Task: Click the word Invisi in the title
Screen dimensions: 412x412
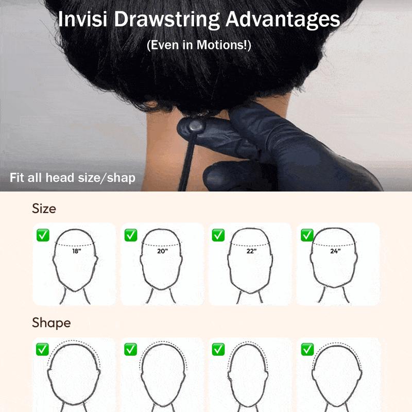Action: pyautogui.click(x=82, y=19)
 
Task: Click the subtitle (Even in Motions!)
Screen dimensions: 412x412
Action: pyautogui.click(x=199, y=45)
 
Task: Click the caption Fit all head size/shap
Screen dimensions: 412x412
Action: pyautogui.click(x=73, y=178)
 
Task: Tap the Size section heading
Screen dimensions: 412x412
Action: pyautogui.click(x=44, y=209)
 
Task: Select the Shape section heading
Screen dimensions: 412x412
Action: pyautogui.click(x=51, y=323)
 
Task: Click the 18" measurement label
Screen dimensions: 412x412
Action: pyautogui.click(x=76, y=251)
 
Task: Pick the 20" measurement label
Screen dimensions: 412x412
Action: pyautogui.click(x=162, y=251)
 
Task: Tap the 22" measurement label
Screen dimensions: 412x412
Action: pyautogui.click(x=251, y=251)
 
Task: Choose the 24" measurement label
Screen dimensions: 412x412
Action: pyautogui.click(x=335, y=251)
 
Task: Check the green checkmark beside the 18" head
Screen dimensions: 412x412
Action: pyautogui.click(x=43, y=235)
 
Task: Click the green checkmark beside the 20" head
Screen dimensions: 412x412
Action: pyautogui.click(x=131, y=235)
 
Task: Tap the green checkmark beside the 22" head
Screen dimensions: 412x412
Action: pyautogui.click(x=218, y=235)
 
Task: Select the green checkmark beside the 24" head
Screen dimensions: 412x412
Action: pyautogui.click(x=307, y=235)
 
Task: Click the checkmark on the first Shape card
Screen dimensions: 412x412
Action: pyautogui.click(x=42, y=349)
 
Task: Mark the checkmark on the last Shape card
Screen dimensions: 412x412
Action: pyautogui.click(x=307, y=349)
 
